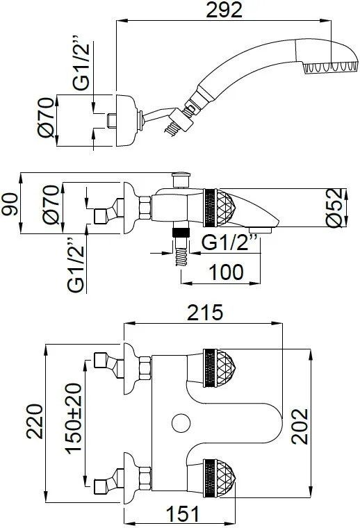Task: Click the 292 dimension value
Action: click(224, 10)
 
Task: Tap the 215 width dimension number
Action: click(205, 312)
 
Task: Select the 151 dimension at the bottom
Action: click(183, 514)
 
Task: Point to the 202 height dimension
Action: click(300, 427)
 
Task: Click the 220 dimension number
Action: click(35, 421)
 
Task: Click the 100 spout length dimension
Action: click(226, 272)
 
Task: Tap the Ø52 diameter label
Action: click(337, 208)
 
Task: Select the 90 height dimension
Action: click(10, 204)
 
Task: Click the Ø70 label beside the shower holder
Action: click(46, 117)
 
